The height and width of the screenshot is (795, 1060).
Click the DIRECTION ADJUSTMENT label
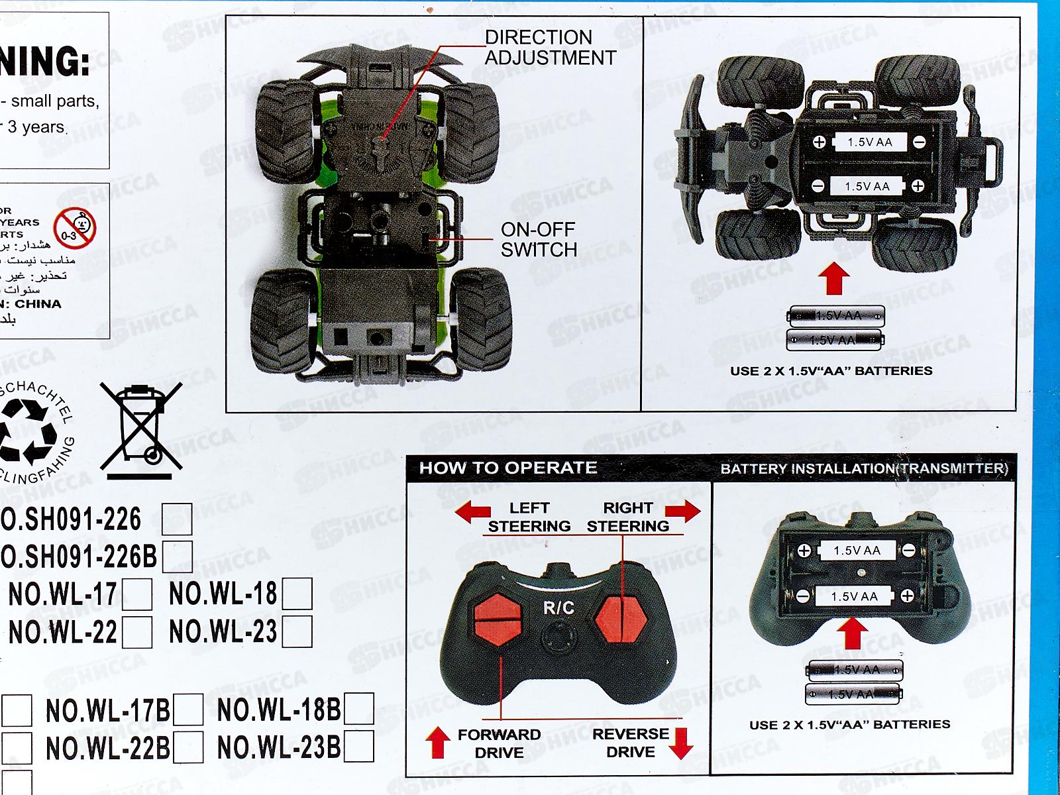tap(550, 48)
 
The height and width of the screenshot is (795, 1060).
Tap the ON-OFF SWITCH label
tap(539, 240)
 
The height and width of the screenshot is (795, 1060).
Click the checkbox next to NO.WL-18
tap(297, 594)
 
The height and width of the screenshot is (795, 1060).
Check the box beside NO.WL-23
tap(297, 632)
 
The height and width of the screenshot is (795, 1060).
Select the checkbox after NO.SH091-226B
tap(178, 556)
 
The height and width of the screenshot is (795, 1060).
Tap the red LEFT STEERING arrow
tap(472, 512)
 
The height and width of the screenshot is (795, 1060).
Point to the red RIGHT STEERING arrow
tap(683, 511)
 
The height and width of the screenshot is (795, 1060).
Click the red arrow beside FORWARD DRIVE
tap(437, 741)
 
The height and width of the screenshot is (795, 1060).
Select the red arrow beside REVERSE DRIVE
tap(680, 743)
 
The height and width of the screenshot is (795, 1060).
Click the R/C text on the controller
tap(558, 608)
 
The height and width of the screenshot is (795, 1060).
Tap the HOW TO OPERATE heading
tap(508, 468)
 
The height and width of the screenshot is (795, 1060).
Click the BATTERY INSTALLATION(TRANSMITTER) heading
tap(864, 469)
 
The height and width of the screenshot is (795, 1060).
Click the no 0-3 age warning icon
tap(75, 227)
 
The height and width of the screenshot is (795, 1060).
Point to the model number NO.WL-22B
tap(108, 749)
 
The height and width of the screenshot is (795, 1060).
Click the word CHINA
tap(38, 304)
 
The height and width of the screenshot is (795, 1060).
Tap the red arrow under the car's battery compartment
tap(833, 278)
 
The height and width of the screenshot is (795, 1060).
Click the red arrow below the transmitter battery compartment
tap(852, 633)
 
